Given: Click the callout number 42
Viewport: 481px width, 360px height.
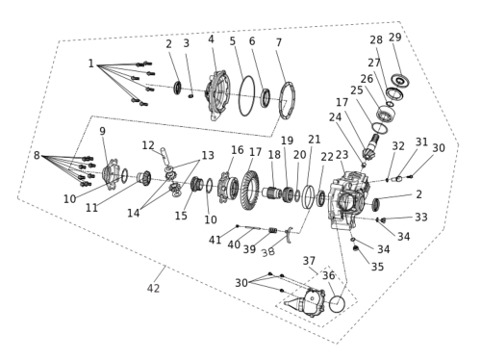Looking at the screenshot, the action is [153, 288].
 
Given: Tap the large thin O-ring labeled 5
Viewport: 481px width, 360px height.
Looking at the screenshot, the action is [240, 96].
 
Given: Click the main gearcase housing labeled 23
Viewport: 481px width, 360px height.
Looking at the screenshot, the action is [346, 200].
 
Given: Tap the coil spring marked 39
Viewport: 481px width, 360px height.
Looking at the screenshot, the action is [272, 230].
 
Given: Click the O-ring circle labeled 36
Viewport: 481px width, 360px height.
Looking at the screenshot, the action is [337, 304].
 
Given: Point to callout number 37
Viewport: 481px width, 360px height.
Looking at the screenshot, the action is [309, 261].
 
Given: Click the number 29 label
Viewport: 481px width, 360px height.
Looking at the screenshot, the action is [395, 38].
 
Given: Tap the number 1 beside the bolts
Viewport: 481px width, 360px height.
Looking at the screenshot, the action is [91, 64].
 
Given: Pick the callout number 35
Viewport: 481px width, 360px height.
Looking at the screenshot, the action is [377, 267].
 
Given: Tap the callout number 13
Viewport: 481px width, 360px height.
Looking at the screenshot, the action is [208, 155].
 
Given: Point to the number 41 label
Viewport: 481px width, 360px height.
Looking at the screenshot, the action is [215, 240].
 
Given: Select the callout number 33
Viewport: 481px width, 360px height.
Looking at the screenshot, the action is [421, 218].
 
